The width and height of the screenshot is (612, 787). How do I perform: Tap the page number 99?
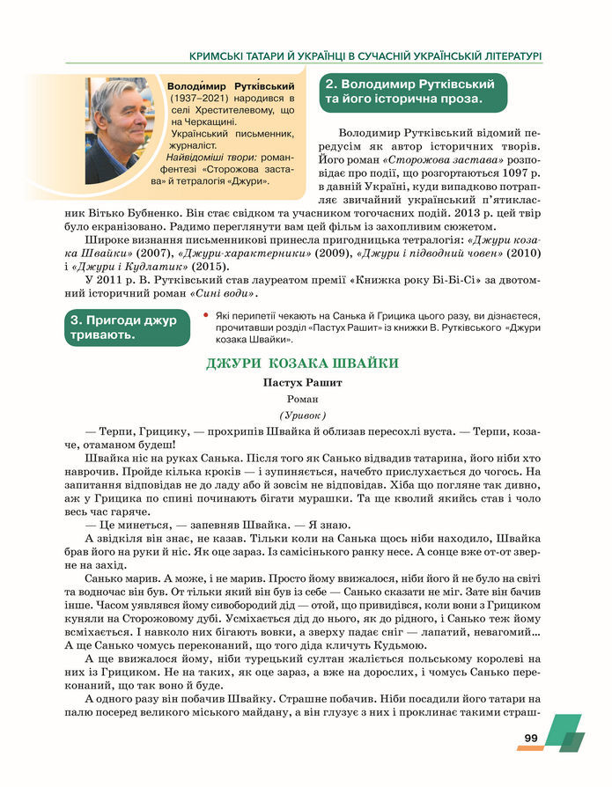tap(530, 738)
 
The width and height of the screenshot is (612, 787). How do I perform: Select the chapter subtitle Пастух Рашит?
tap(302, 383)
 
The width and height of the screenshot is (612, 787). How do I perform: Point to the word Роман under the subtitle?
tap(302, 399)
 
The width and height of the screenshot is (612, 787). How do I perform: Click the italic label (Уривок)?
tap(302, 415)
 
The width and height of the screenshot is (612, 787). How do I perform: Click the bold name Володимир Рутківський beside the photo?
tap(230, 86)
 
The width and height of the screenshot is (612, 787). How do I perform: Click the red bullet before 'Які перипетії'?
tap(205, 315)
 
